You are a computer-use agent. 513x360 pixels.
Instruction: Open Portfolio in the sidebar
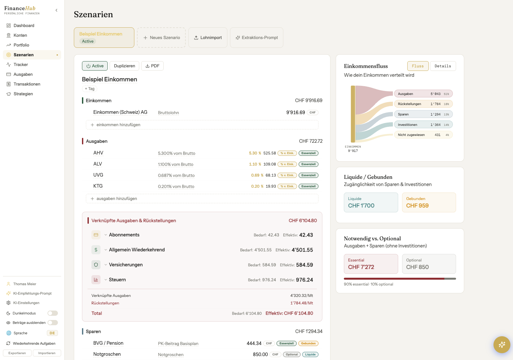pos(21,45)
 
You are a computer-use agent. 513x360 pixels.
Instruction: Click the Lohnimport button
pos(208,37)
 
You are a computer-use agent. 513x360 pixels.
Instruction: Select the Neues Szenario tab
pos(161,37)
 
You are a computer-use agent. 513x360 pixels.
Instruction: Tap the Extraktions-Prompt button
pos(256,37)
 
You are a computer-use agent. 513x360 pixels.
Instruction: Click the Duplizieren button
pos(124,66)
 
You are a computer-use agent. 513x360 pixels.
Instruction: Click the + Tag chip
pos(89,89)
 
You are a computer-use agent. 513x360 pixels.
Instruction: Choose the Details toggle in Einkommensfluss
pos(443,66)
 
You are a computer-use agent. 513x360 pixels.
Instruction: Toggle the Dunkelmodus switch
pos(53,313)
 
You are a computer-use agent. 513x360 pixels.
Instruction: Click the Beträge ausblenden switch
pos(53,323)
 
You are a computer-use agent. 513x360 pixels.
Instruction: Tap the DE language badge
pos(52,333)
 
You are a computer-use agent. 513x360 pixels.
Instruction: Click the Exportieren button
pos(17,353)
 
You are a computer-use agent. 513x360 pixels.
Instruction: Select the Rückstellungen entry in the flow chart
pos(423,104)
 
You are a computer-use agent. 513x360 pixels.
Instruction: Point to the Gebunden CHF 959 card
pos(429,203)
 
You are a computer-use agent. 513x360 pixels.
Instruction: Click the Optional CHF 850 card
pos(429,264)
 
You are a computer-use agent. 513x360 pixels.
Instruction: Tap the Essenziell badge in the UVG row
pos(308,175)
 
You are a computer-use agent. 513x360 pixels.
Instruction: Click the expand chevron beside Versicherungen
pos(106,265)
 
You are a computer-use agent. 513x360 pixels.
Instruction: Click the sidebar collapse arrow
pos(56,10)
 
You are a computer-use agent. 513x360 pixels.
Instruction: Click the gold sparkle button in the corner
pos(502,344)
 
